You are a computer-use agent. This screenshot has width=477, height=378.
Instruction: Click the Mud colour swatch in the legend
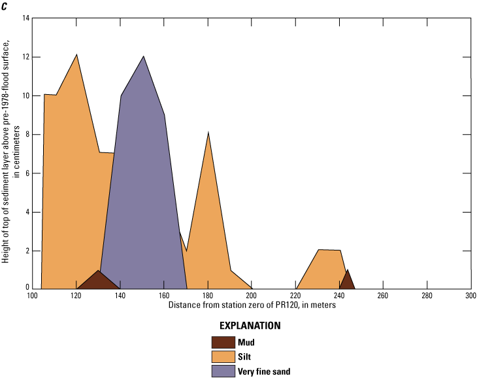click(x=223, y=341)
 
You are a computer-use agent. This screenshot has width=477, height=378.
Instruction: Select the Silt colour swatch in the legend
click(x=223, y=356)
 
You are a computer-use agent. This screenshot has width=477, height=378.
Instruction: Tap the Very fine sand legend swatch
click(x=223, y=371)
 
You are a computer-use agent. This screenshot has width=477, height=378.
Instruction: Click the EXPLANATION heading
click(x=250, y=326)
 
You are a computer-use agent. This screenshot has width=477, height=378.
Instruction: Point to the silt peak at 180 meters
click(x=208, y=133)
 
